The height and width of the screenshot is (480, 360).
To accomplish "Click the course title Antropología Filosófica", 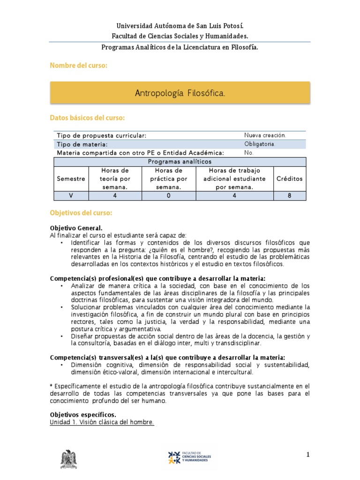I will click(x=180, y=94).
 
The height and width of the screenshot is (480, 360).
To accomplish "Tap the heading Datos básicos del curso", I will click(x=87, y=117).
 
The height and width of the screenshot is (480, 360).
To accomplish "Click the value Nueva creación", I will click(x=265, y=135).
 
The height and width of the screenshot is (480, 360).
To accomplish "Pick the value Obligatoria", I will click(x=260, y=144).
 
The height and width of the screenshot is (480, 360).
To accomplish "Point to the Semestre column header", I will click(x=71, y=179).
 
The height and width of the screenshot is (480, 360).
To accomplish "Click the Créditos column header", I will click(x=289, y=179).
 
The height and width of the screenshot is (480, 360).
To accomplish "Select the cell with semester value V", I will click(x=71, y=196).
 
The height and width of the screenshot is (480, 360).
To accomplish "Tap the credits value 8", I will click(x=289, y=196).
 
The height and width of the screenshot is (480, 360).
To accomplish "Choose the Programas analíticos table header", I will click(x=180, y=161).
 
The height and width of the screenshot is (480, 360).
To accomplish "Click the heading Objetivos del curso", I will click(x=81, y=213).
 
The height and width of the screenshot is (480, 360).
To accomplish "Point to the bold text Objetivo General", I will click(x=76, y=228).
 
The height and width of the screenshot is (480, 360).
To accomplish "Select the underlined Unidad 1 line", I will click(x=102, y=422).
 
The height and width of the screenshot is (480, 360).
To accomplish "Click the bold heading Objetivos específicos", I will click(x=83, y=415).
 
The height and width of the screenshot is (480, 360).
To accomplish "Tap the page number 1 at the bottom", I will click(x=308, y=454).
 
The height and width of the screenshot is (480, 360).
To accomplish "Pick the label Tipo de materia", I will click(x=82, y=144).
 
